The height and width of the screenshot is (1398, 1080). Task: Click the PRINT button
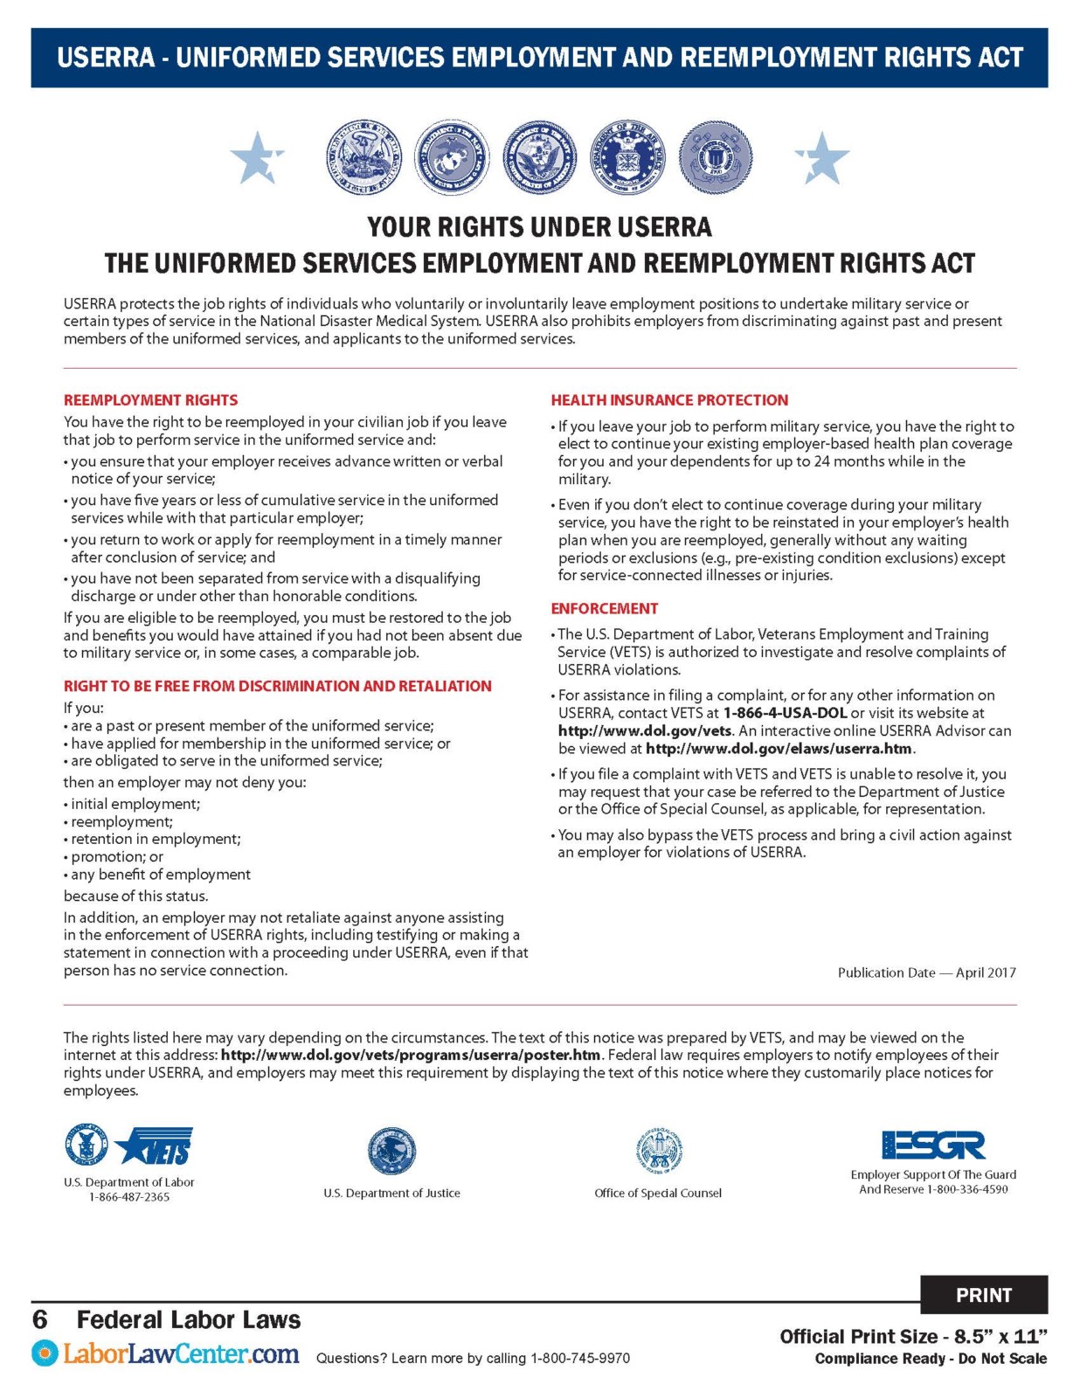pos(983,1295)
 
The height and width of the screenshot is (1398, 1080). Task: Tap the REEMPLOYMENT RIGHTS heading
pos(150,400)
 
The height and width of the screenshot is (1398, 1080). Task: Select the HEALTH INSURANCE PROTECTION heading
pos(669,400)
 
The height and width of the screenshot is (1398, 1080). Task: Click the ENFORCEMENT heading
pos(604,608)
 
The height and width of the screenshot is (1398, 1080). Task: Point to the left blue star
pos(256,158)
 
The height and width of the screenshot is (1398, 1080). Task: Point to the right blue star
pos(821,158)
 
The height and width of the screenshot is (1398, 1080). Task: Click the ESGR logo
pos(933,1145)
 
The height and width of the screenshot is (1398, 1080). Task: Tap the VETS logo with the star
pos(156,1145)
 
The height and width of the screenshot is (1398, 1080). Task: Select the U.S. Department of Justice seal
pos(391,1151)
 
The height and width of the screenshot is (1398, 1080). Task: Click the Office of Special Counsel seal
pos(658,1151)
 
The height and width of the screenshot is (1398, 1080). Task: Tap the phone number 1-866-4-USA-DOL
pos(785,713)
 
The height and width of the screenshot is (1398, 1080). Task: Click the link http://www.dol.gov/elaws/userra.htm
pos(779,749)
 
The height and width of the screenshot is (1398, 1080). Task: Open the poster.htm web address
pos(411,1055)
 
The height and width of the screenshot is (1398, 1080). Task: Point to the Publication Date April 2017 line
pos(926,972)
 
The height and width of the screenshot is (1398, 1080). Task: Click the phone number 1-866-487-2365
pos(128,1197)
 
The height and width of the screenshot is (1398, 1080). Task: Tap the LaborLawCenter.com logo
pos(166,1355)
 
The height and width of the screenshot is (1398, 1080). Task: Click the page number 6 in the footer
pos(40,1319)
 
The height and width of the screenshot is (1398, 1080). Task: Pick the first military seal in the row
pos(363,158)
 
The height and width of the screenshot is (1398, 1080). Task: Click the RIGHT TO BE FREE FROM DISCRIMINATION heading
pos(277,686)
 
